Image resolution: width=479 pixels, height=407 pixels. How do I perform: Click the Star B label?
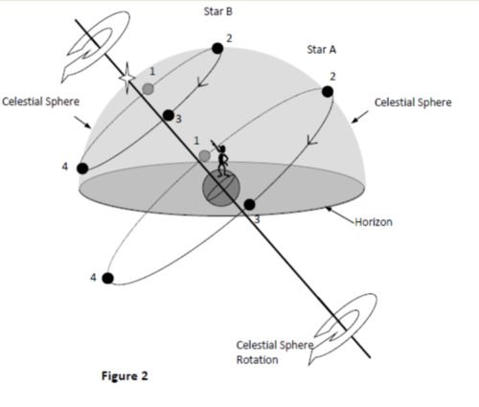click(218, 11)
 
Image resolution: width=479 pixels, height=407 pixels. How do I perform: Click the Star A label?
click(322, 50)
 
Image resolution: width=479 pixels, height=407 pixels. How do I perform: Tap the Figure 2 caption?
click(125, 375)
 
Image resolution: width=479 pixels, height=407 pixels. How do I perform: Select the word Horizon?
click(374, 222)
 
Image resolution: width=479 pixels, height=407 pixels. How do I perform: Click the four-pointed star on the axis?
click(127, 78)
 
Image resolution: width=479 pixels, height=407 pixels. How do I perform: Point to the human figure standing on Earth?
click(221, 159)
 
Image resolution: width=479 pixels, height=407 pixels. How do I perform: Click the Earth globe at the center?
click(221, 188)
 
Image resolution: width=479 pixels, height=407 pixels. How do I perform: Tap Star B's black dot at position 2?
click(217, 49)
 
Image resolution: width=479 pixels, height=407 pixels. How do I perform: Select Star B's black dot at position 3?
click(169, 115)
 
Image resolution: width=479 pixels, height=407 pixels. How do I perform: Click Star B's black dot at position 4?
click(82, 169)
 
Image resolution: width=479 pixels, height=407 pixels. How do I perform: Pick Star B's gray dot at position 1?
click(148, 89)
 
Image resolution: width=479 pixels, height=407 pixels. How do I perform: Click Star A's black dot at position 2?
click(328, 92)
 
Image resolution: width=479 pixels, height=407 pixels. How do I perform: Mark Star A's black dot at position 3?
click(249, 204)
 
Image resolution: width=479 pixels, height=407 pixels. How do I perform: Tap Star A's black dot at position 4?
click(107, 278)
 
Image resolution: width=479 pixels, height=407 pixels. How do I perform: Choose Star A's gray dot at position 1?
click(204, 156)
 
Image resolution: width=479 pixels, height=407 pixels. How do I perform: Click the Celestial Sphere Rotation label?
click(275, 352)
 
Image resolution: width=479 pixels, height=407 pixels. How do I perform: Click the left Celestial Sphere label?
click(40, 102)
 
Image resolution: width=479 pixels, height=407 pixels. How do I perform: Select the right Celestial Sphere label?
click(413, 102)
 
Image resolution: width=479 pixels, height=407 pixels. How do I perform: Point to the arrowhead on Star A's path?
click(311, 141)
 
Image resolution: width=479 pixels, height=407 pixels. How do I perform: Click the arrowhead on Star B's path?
click(202, 82)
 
